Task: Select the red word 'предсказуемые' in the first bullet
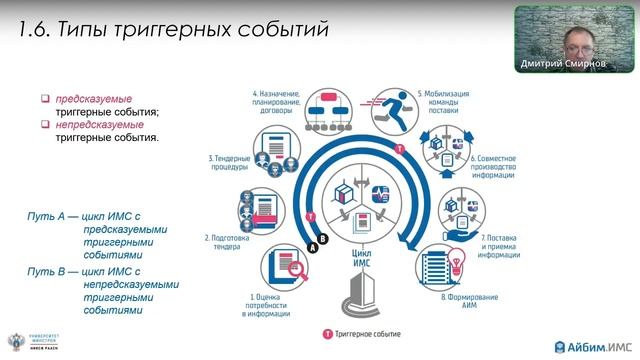[x=94, y=99]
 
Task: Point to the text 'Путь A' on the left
[x=46, y=216]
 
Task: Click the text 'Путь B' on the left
[x=46, y=270]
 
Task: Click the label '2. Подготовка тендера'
[x=220, y=243]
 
